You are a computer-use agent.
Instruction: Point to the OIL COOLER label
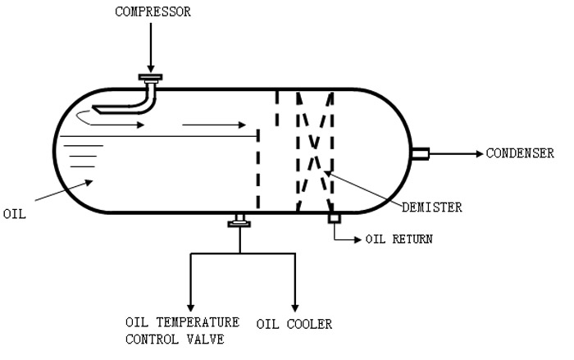(294, 324)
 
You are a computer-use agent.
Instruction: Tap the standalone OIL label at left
(16, 213)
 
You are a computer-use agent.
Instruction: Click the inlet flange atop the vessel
(150, 78)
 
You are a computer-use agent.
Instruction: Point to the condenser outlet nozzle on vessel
(419, 153)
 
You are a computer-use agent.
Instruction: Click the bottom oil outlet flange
(239, 220)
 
